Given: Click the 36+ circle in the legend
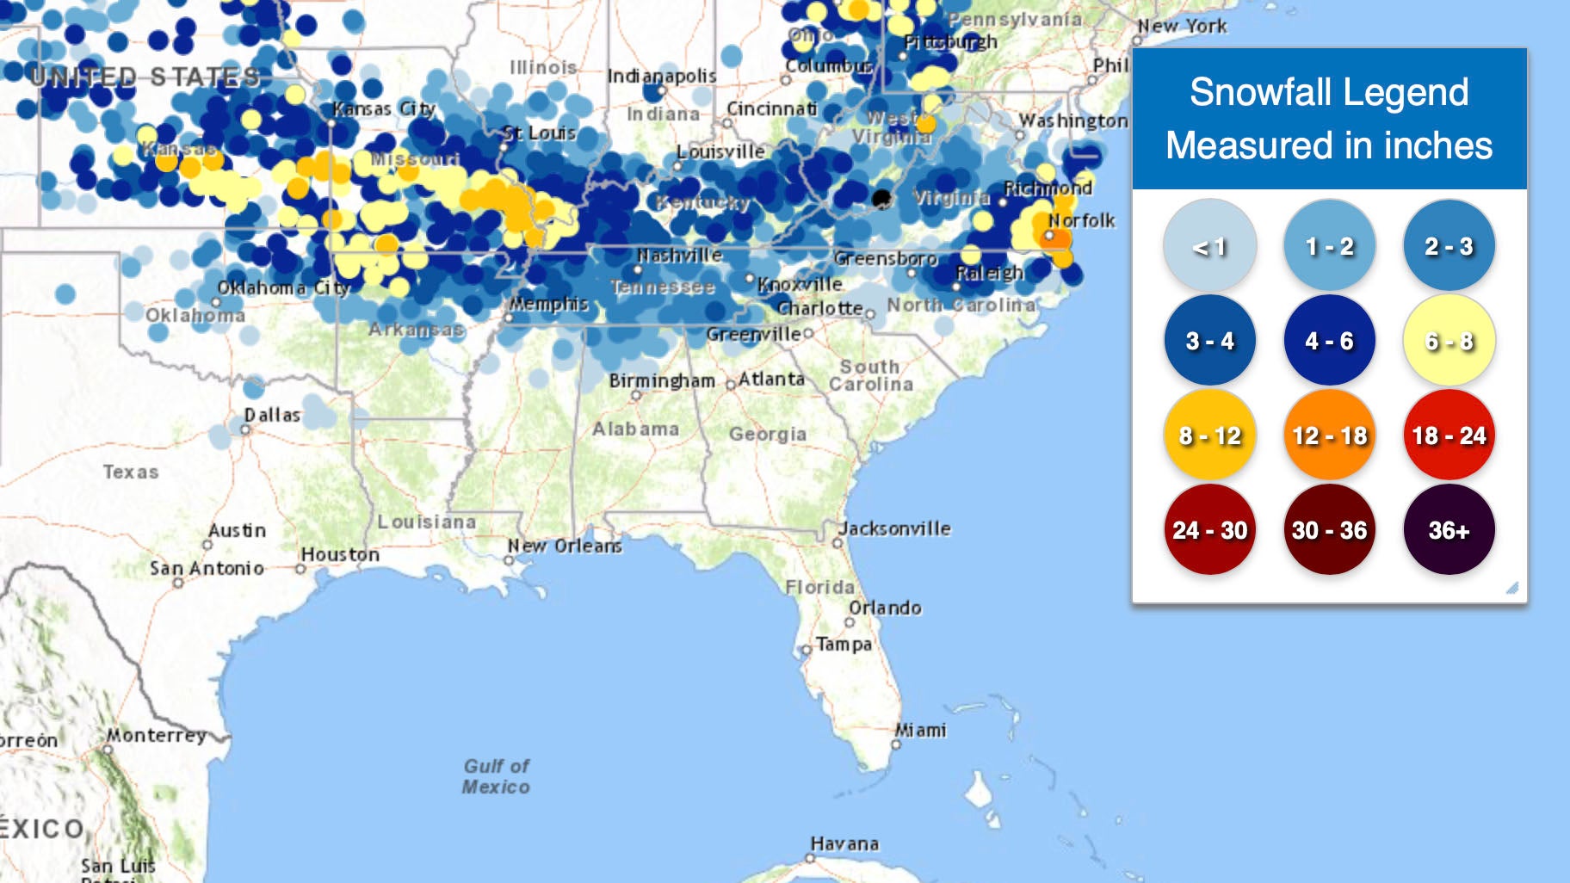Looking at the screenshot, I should pyautogui.click(x=1449, y=529).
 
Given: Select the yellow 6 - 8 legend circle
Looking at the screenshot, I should pyautogui.click(x=1449, y=341).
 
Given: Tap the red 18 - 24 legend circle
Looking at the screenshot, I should pyautogui.click(x=1449, y=435).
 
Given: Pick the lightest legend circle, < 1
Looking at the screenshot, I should pyautogui.click(x=1209, y=247).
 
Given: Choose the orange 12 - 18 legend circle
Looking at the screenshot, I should pyautogui.click(x=1329, y=435).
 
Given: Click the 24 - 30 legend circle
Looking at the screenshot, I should pyautogui.click(x=1209, y=529).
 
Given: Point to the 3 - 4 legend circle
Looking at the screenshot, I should pyautogui.click(x=1209, y=341).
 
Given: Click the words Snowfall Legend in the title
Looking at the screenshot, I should pyautogui.click(x=1329, y=92).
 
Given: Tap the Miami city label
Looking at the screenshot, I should pyautogui.click(x=921, y=731).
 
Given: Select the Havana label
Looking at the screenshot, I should pyautogui.click(x=844, y=844).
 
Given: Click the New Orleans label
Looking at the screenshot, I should pyautogui.click(x=565, y=546).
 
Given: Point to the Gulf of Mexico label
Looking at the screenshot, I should pyautogui.click(x=496, y=776).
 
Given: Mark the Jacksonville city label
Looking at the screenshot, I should pyautogui.click(x=895, y=528).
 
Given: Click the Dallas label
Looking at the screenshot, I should pyautogui.click(x=272, y=415).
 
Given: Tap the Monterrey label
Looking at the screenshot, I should pyautogui.click(x=156, y=736).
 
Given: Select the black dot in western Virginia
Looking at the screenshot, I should pyautogui.click(x=881, y=199).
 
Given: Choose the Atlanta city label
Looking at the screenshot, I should pyautogui.click(x=771, y=379).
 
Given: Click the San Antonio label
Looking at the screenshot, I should pyautogui.click(x=207, y=568).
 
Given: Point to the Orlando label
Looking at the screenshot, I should pyautogui.click(x=885, y=608).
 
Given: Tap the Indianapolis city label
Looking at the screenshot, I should pyautogui.click(x=661, y=76).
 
